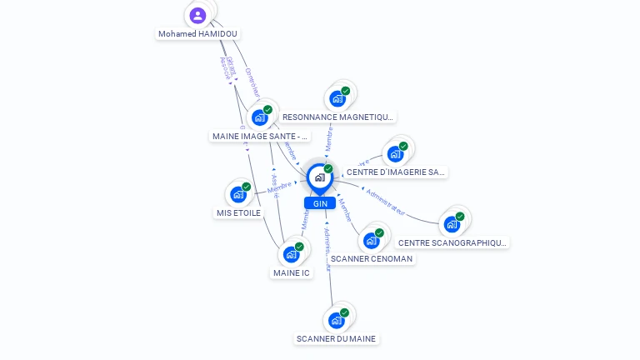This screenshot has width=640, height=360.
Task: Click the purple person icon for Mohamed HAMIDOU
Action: tap(197, 15)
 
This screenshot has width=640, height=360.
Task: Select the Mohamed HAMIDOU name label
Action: tap(197, 34)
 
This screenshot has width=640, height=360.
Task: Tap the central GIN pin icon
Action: tap(319, 177)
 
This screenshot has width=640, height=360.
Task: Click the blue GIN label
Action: tap(320, 203)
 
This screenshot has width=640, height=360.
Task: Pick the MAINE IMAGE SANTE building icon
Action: tap(260, 117)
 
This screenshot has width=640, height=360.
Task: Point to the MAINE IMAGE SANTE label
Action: tap(260, 136)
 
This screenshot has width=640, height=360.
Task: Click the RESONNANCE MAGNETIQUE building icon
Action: tap(337, 98)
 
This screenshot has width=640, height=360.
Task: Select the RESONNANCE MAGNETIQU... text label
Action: tap(337, 117)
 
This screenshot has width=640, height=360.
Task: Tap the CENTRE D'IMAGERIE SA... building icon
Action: tap(395, 153)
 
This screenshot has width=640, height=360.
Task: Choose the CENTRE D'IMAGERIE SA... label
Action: tap(396, 172)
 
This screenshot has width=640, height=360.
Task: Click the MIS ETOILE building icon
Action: tap(238, 194)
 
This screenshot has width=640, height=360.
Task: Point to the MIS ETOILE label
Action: tap(238, 212)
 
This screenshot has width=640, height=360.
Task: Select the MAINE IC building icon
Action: tap(291, 254)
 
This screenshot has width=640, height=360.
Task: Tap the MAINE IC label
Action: tap(292, 272)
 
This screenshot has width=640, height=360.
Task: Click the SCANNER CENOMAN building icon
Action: tap(372, 240)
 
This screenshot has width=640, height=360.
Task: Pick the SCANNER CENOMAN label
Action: tap(372, 258)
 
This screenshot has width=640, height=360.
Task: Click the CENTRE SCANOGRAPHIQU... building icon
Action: tap(452, 223)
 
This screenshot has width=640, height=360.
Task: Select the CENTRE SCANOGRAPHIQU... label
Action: tap(452, 242)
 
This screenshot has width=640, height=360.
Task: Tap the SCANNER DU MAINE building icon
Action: tap(337, 320)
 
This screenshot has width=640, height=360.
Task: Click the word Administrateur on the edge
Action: tap(385, 198)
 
